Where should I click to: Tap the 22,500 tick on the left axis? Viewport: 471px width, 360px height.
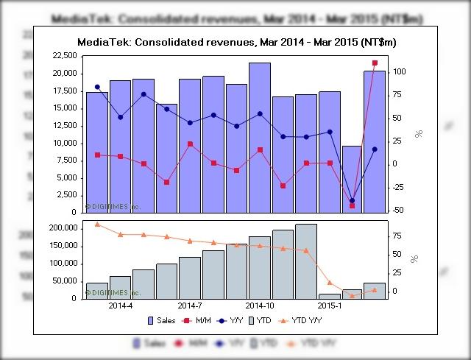point(63,56)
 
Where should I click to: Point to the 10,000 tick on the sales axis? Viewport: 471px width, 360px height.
point(63,143)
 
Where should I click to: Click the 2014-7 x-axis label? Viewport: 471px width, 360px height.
point(190,305)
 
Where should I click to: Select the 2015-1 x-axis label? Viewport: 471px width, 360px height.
point(330,305)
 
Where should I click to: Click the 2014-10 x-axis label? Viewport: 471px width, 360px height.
point(260,305)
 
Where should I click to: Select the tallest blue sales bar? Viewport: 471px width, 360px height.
point(259,137)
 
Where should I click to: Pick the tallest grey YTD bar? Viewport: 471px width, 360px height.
point(306,261)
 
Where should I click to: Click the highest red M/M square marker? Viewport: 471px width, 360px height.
point(375,63)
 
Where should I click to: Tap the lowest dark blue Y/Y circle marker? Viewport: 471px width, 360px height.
point(352,200)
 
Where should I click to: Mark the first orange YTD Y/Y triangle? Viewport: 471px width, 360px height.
point(97,224)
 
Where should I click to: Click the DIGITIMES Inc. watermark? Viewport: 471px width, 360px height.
point(113,207)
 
